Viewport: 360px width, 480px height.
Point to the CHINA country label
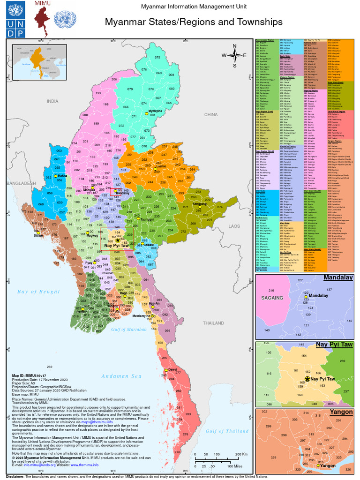[212, 114]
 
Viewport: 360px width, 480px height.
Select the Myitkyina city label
[155, 111]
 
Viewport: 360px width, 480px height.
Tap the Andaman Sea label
[121, 376]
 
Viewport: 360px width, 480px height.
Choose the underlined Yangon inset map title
[341, 412]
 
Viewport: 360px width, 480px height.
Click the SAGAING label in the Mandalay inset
[272, 298]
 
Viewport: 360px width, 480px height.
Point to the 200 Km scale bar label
[241, 455]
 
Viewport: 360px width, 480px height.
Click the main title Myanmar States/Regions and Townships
[193, 22]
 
